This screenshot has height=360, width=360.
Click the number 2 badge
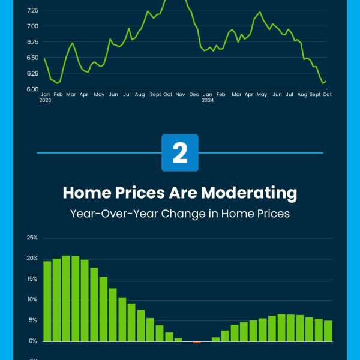[180, 152]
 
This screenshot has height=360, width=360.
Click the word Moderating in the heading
[249, 193]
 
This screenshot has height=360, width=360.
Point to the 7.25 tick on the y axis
[32, 11]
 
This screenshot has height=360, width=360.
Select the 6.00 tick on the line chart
[32, 89]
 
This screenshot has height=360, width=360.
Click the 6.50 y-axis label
[32, 58]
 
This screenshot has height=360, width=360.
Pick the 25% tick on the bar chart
[32, 238]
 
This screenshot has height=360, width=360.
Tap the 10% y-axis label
[32, 299]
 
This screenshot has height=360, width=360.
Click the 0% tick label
[33, 341]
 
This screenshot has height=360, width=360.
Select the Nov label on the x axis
[180, 95]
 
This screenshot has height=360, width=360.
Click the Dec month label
[194, 95]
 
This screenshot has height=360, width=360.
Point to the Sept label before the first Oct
[155, 95]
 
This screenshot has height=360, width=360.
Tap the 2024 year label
[208, 100]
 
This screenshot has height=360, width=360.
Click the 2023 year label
[45, 100]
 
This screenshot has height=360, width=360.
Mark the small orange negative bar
[197, 343]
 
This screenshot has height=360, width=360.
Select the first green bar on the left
[47, 301]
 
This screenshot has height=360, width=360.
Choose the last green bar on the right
[328, 331]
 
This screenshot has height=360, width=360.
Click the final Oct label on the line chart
[327, 95]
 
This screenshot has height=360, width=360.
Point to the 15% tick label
[32, 279]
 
